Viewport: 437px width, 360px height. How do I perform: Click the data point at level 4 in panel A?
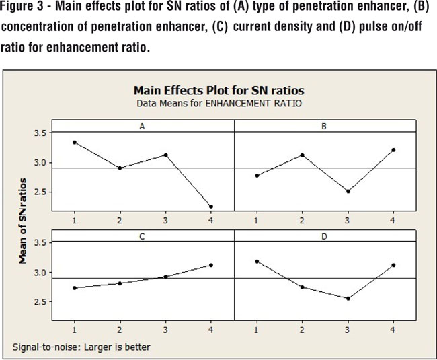(x=210, y=207)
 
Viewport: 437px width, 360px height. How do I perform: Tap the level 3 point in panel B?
(x=348, y=191)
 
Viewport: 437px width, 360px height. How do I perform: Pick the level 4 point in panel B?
(x=393, y=150)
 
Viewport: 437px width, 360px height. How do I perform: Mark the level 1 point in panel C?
(x=75, y=288)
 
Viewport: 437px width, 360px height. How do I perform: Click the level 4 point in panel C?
(x=210, y=265)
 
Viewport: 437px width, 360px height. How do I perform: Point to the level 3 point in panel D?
(x=348, y=298)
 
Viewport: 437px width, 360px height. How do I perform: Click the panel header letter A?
(x=143, y=126)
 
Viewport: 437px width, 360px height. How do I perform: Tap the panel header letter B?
(x=324, y=126)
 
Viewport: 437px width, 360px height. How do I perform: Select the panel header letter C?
(x=143, y=236)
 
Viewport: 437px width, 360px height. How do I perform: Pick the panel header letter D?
(x=324, y=236)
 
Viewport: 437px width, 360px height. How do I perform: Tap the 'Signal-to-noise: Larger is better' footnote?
(x=81, y=347)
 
